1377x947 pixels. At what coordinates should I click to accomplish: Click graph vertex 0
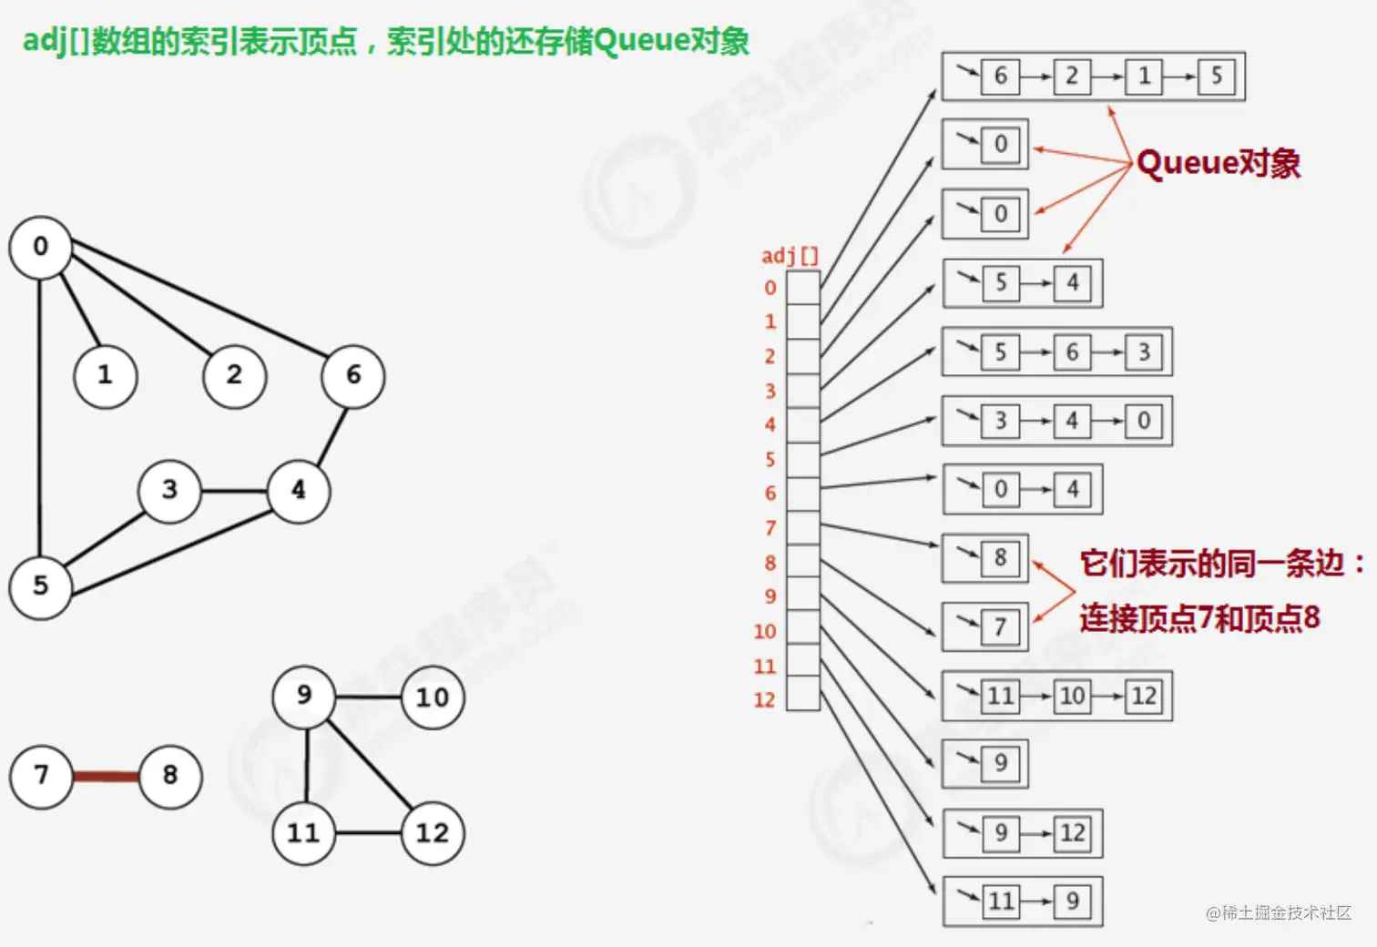40,247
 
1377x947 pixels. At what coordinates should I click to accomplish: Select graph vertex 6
352,375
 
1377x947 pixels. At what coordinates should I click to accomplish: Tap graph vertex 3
169,490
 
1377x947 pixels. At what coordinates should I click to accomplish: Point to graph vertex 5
40,586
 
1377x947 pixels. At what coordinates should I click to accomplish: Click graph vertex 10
432,698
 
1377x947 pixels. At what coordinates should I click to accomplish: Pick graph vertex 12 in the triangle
432,833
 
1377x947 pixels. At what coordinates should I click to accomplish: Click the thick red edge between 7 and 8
106,777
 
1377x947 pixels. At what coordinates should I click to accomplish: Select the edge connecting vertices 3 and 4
234,491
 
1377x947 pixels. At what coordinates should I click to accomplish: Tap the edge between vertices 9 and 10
369,698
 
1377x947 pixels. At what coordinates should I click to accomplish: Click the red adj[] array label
790,256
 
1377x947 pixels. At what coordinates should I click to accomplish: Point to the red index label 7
770,528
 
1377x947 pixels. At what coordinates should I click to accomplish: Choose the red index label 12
764,700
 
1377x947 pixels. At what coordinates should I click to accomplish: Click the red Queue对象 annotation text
1219,164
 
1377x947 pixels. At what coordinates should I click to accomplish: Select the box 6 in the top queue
1000,76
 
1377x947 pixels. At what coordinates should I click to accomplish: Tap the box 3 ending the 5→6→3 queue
1144,352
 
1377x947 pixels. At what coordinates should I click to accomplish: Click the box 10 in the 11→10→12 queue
1072,697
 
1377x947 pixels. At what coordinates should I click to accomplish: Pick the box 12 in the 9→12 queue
1072,833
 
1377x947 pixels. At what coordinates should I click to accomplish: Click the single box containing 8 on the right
1000,557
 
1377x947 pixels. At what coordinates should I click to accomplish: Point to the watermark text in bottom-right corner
1279,912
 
